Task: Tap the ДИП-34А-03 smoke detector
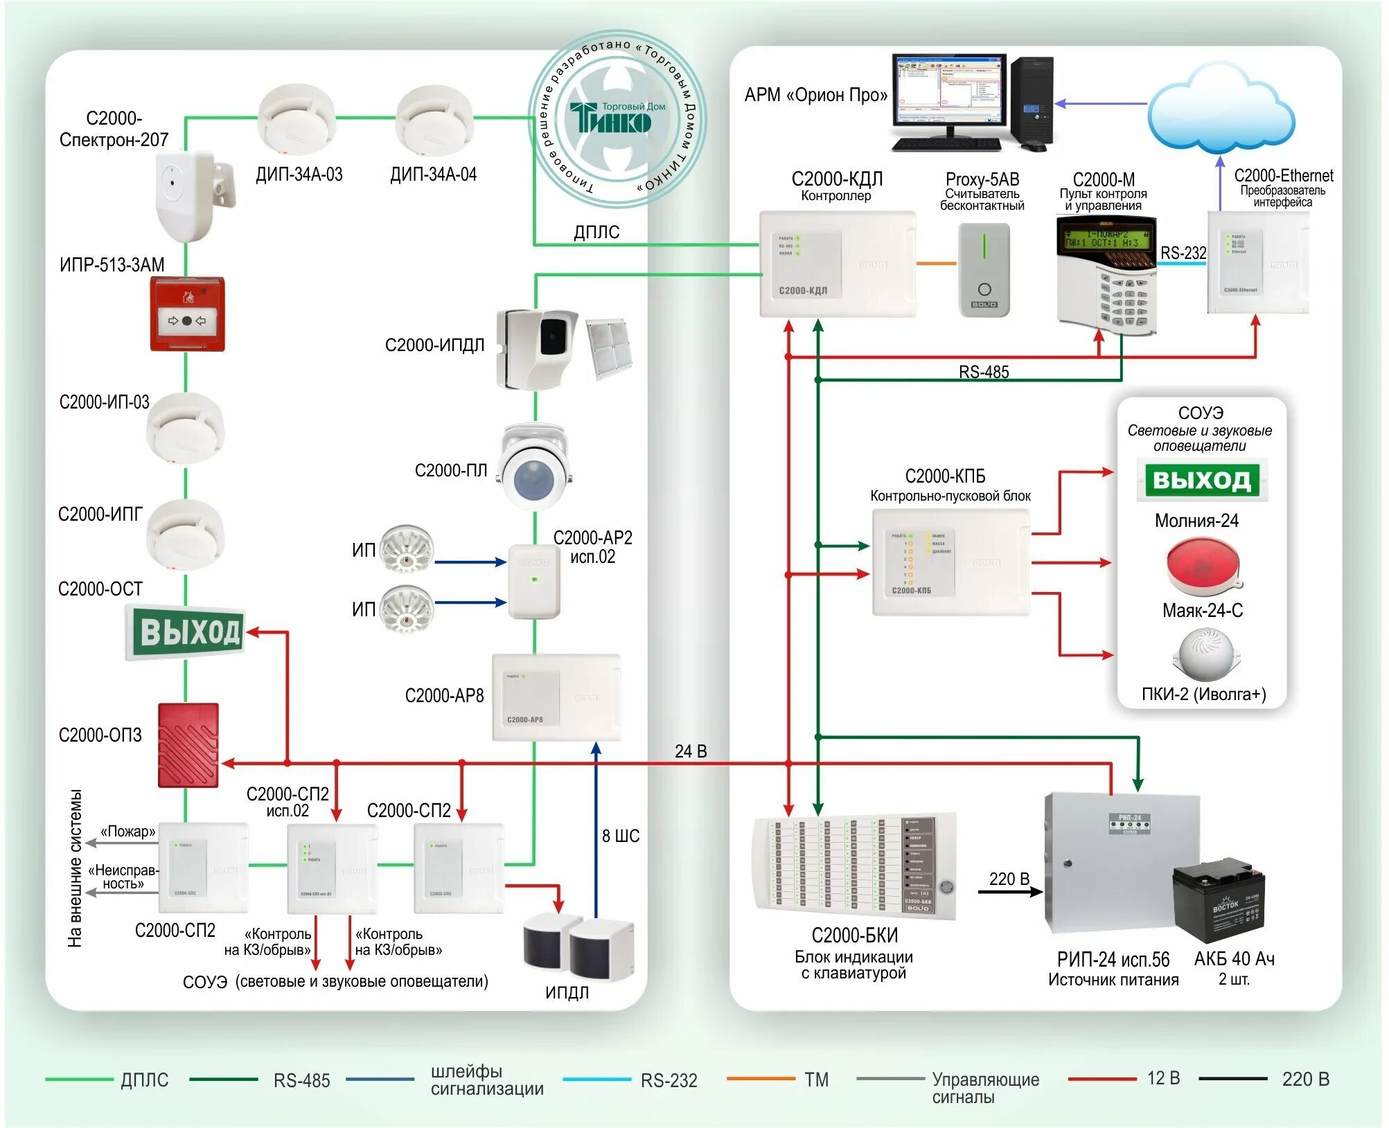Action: [x=297, y=118]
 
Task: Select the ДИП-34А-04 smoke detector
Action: [x=434, y=118]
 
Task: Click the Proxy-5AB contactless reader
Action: [x=984, y=270]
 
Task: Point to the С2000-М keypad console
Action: [x=1106, y=277]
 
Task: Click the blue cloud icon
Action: [x=1221, y=111]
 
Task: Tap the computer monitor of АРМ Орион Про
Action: [x=948, y=93]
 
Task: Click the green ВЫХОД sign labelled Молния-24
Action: [x=1202, y=480]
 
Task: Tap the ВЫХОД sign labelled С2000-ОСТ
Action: [x=185, y=632]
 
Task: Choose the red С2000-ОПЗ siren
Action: [x=188, y=745]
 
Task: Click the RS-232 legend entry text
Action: [x=669, y=1080]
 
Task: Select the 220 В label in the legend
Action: [x=1305, y=1079]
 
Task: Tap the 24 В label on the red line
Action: [x=691, y=751]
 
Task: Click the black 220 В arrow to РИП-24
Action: [x=1010, y=892]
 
